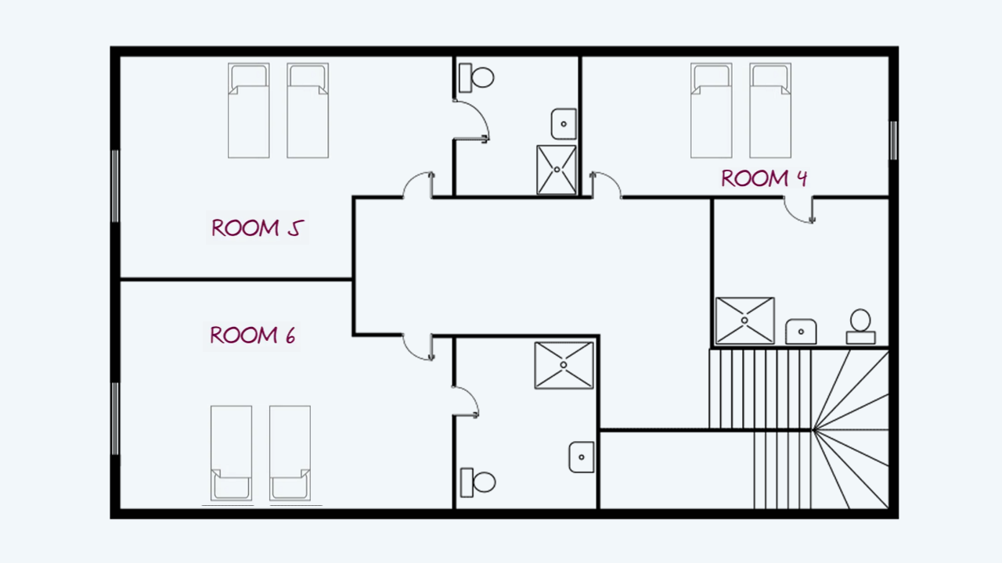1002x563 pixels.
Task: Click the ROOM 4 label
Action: point(764,178)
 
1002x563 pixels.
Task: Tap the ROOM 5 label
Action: point(258,228)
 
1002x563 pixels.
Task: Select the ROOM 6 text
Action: point(252,335)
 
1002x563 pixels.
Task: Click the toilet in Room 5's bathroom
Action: point(477,77)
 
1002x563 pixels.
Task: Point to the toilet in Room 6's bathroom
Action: point(478,482)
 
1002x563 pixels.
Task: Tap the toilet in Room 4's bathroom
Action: point(860,327)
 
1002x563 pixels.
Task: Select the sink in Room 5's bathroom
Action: point(564,124)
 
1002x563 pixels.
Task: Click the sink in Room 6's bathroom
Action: point(582,457)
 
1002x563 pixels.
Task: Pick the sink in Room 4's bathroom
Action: point(801,332)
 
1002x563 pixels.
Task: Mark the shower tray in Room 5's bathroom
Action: point(557,170)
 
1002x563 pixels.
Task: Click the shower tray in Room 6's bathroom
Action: point(564,365)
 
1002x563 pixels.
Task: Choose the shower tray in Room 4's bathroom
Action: point(744,321)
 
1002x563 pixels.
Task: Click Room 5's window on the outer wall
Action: point(115,186)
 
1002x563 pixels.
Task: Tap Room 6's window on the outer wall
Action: point(115,418)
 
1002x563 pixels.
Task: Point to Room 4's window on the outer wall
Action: point(893,140)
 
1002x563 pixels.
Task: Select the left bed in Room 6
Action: point(231,453)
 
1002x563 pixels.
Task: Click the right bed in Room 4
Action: point(770,110)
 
